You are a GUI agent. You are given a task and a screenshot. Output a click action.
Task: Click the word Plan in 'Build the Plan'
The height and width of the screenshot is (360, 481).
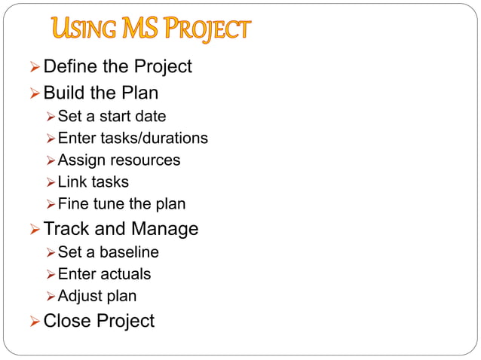point(139,93)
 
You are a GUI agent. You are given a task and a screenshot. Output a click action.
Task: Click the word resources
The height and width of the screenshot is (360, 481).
point(145,160)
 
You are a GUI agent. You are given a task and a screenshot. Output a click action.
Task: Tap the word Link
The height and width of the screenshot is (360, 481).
point(72,182)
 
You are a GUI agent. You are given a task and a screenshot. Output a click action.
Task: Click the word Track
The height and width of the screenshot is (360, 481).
point(66,229)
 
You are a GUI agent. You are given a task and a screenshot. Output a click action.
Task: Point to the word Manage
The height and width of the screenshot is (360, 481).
point(165,229)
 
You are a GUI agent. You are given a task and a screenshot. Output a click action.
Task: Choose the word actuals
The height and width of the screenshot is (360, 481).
point(123,274)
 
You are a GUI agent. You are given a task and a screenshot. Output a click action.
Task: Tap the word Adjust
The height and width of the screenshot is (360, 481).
point(78,296)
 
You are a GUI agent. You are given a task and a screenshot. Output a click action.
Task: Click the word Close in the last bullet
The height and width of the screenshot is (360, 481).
point(66,321)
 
